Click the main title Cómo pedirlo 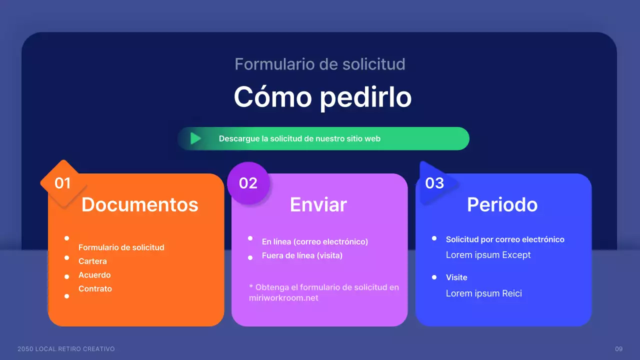[322, 97]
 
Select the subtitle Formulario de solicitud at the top [320, 64]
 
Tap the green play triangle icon [195, 138]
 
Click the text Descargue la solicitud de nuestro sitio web [299, 138]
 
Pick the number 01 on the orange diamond [63, 183]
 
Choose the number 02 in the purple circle [248, 183]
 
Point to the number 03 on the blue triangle [434, 183]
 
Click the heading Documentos [140, 204]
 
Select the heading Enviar [318, 204]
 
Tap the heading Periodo [502, 204]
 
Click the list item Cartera [92, 261]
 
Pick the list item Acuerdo [94, 275]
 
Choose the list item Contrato [95, 288]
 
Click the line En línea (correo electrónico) [314, 241]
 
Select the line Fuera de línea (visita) [302, 255]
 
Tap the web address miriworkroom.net [283, 298]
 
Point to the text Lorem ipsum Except [488, 255]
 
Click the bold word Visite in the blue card [456, 277]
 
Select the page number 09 [619, 348]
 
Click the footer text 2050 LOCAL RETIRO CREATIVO [66, 348]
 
